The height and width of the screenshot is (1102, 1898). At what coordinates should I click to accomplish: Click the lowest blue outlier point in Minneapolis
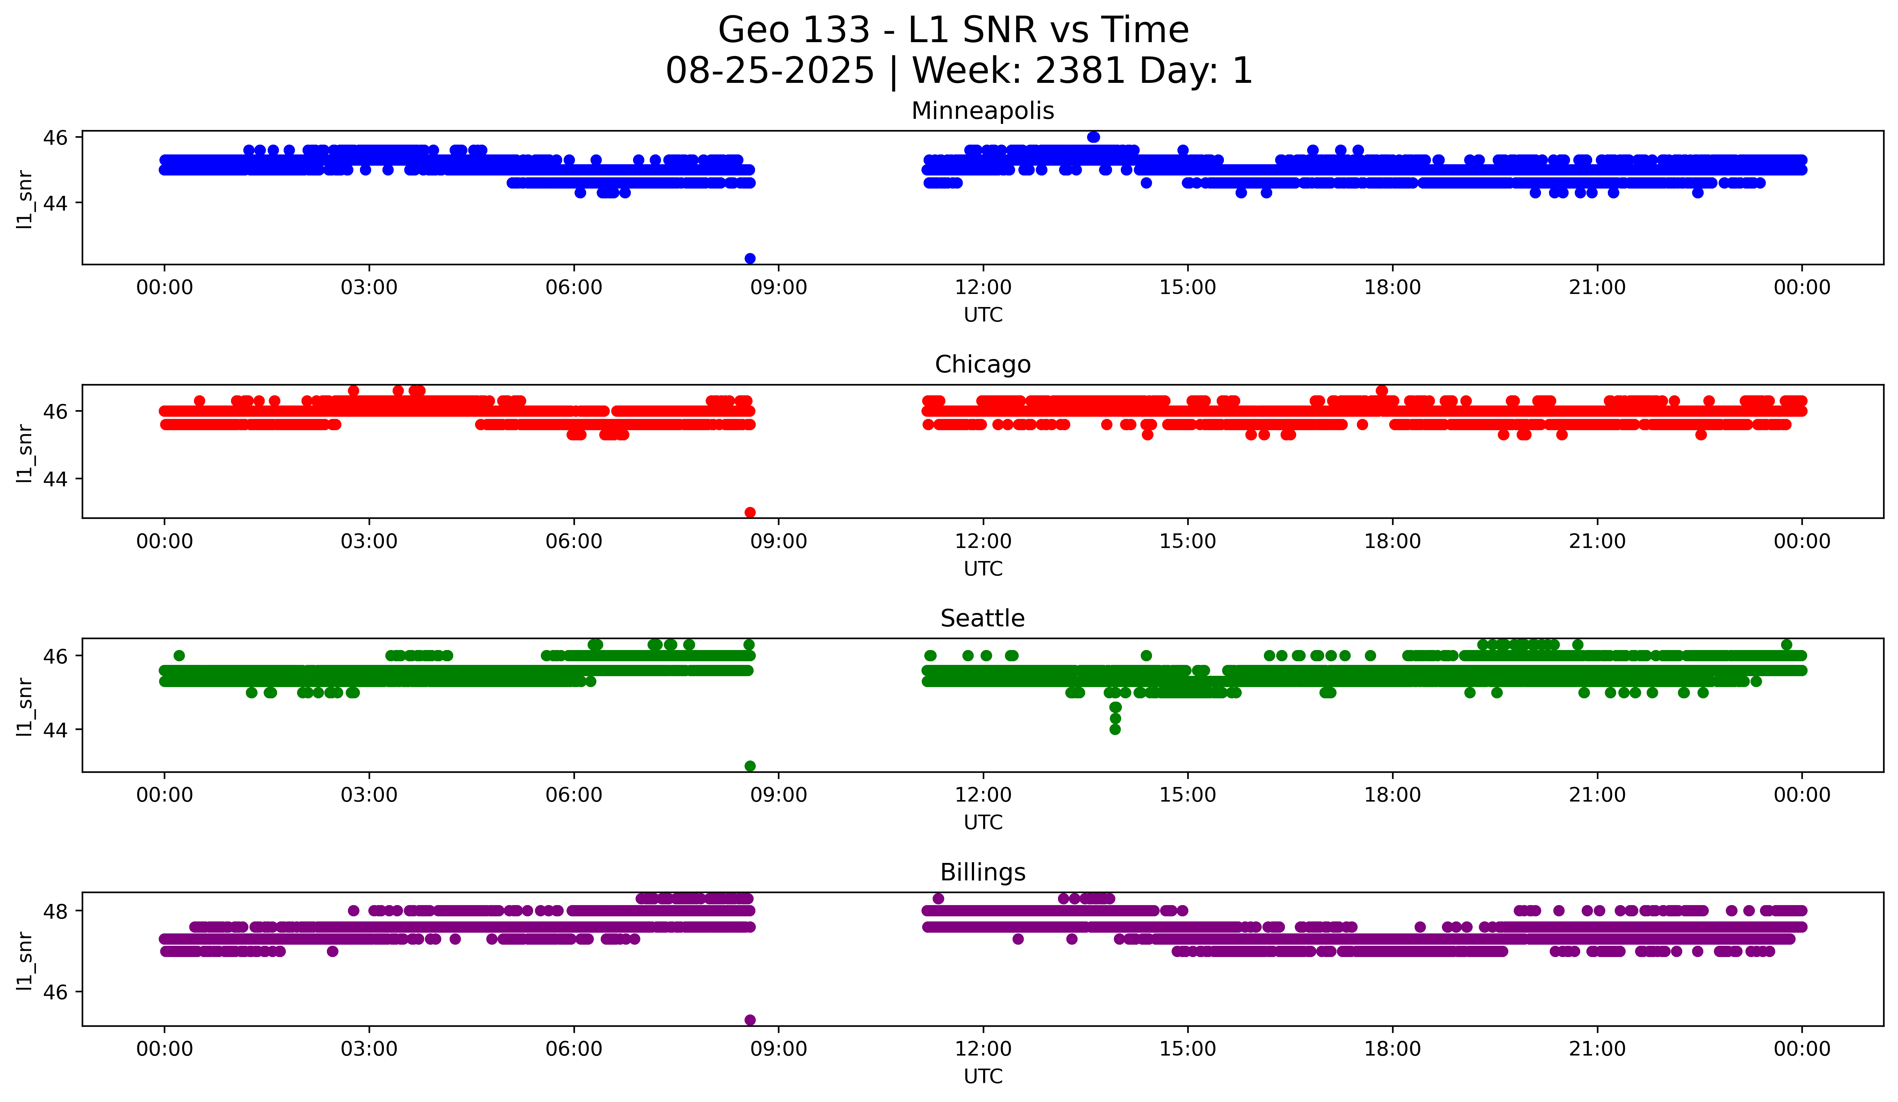click(x=749, y=258)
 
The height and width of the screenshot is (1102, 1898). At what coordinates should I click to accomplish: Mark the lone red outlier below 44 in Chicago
click(x=749, y=512)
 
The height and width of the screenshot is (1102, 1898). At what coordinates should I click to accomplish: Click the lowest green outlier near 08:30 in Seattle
click(x=749, y=766)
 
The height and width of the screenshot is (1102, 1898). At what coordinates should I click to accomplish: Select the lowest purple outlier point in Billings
click(x=749, y=1020)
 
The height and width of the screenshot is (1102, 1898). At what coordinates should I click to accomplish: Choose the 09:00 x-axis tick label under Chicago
click(x=778, y=541)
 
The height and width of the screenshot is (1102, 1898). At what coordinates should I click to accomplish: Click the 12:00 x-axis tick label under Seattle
click(x=983, y=795)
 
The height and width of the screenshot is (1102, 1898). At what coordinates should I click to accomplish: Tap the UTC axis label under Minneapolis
click(x=983, y=315)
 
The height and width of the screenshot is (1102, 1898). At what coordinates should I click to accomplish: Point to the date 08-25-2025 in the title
click(x=770, y=71)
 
